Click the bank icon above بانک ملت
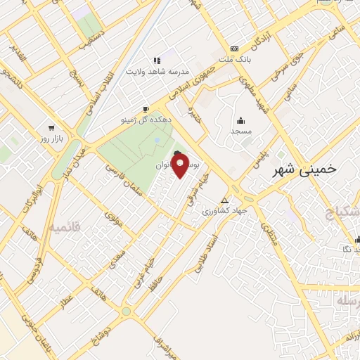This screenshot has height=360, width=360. (x=234, y=49)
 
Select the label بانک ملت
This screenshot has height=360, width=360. (x=234, y=60)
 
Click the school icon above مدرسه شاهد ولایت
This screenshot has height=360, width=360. (x=157, y=60)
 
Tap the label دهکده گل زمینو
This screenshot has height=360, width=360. (x=146, y=120)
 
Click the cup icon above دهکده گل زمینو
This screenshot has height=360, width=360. (x=146, y=109)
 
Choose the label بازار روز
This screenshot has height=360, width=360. (x=51, y=139)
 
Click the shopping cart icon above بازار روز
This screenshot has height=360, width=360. (x=51, y=128)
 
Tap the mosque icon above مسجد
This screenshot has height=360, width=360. (x=241, y=120)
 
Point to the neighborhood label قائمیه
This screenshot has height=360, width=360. (x=65, y=226)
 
